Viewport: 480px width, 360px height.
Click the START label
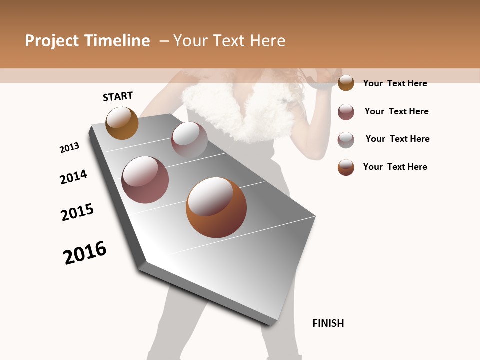(x=118, y=96)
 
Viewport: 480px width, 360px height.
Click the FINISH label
(x=328, y=323)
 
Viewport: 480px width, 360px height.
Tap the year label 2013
(x=69, y=148)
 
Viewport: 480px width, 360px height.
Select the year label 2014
(x=73, y=177)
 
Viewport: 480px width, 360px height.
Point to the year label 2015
(x=77, y=212)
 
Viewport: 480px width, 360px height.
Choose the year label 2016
(x=85, y=252)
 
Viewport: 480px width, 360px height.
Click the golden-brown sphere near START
(x=122, y=123)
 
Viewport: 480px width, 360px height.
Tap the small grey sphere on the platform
(x=189, y=140)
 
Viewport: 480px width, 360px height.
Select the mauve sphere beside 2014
(x=145, y=180)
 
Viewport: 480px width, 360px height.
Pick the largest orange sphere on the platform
(x=216, y=207)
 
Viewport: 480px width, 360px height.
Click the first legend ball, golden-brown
(x=346, y=83)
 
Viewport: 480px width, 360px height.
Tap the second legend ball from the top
(x=346, y=112)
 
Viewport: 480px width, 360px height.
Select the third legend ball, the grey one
(x=346, y=140)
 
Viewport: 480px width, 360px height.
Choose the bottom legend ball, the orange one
(x=346, y=167)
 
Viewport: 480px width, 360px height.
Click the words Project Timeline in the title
(x=87, y=41)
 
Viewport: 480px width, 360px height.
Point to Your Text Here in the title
(x=229, y=41)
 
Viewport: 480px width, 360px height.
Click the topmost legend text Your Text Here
(x=395, y=83)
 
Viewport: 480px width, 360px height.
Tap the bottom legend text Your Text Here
(x=395, y=167)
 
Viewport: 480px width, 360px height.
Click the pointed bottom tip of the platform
(x=270, y=322)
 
